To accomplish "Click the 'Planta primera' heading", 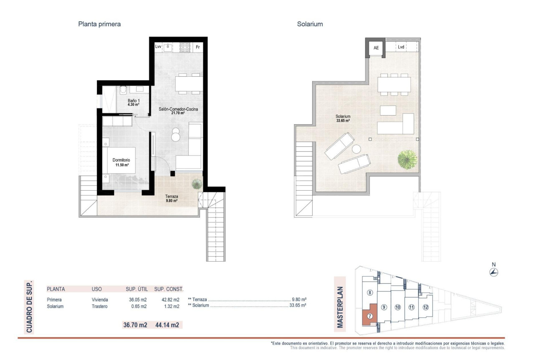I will [99, 24].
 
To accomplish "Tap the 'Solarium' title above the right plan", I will [310, 24].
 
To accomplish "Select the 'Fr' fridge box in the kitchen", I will [197, 47].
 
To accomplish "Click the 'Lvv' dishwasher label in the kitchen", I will [158, 47].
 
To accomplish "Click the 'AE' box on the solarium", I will [376, 48].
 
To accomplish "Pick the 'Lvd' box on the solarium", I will [401, 47].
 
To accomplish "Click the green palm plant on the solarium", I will [407, 159].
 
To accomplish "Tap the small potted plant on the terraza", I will [196, 184].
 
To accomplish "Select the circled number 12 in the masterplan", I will [425, 307].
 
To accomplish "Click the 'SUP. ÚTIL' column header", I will [137, 289].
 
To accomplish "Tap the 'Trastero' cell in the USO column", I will [100, 307].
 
